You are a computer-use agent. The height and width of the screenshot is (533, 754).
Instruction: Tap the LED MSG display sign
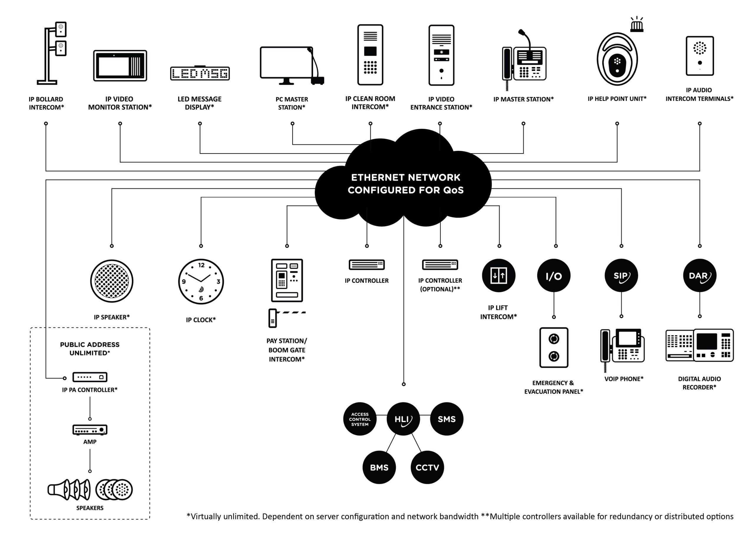pos(200,73)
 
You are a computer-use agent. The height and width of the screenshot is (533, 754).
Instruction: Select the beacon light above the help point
pos(637,26)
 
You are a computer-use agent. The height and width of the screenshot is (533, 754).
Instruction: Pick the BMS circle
pos(379,467)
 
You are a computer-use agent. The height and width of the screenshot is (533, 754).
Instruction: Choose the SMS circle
pos(447,419)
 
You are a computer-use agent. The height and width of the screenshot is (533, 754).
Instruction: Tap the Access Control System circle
pos(360,419)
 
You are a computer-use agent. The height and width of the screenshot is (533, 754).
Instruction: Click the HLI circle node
pos(403,419)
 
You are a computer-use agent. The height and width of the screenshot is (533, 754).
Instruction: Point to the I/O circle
pos(554,276)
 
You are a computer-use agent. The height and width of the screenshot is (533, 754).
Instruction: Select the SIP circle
pos(621,276)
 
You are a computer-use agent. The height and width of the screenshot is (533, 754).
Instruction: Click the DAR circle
pos(700,276)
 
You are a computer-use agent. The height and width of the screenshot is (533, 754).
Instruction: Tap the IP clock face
pos(201,282)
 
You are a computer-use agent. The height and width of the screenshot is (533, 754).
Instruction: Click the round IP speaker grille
pos(112,281)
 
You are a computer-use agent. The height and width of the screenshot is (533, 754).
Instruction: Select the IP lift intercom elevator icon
pos(499,276)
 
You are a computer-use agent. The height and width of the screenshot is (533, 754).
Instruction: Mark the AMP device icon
pos(90,430)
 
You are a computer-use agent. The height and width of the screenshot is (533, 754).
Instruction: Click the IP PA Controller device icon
pos(90,377)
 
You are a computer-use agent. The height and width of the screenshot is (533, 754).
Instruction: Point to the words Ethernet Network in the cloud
pos(406,178)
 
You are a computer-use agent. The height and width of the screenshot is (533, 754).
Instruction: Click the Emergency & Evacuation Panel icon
pos(554,347)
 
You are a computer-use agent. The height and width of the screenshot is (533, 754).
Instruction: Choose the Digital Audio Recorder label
pos(700,383)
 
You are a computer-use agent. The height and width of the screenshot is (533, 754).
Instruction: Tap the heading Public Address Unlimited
pos(90,349)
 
